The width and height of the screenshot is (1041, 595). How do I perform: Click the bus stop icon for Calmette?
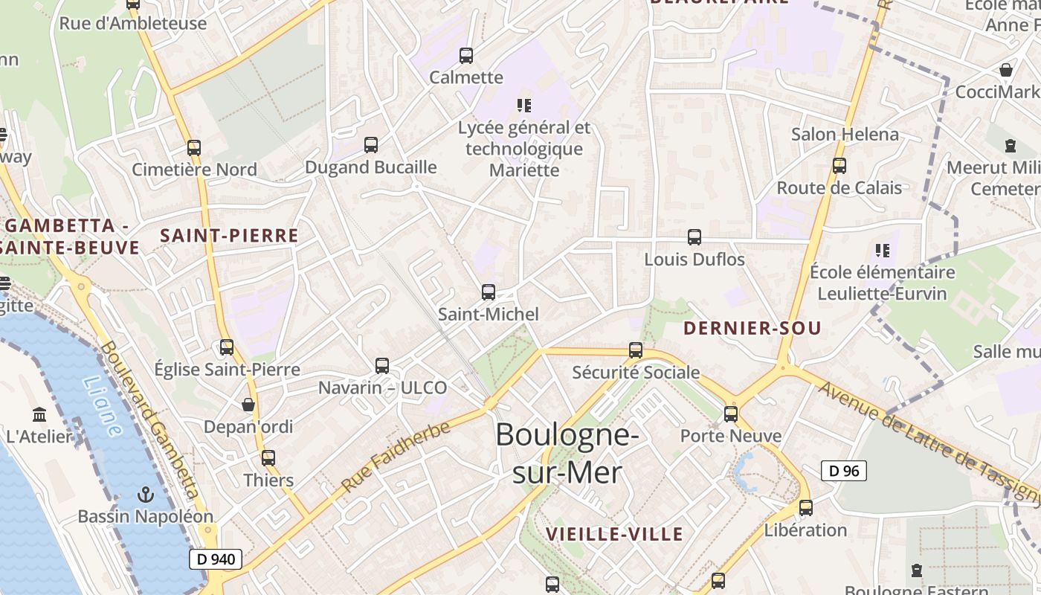tap(466, 55)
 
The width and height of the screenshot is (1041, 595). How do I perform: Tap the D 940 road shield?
tap(216, 559)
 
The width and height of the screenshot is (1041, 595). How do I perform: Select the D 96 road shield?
tap(844, 471)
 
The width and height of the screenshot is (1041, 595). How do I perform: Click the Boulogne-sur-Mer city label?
tap(567, 452)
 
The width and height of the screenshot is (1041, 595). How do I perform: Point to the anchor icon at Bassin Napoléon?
tap(146, 494)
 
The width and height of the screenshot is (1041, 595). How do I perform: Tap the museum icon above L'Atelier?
tap(40, 414)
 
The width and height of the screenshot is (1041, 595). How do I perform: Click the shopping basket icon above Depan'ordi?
tap(248, 405)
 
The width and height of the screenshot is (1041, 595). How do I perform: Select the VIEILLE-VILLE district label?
tap(614, 534)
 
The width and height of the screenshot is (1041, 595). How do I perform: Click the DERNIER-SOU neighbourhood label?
tap(752, 328)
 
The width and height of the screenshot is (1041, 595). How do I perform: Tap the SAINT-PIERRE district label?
tap(229, 236)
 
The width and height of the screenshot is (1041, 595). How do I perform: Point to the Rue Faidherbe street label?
tap(396, 456)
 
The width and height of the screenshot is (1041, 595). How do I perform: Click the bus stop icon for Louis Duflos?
tap(694, 237)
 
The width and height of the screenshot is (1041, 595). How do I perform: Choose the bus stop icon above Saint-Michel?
tap(489, 292)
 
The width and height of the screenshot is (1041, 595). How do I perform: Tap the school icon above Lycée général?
tap(524, 106)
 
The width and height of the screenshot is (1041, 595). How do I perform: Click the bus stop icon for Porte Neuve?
tap(731, 414)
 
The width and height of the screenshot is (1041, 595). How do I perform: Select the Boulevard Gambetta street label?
tap(150, 420)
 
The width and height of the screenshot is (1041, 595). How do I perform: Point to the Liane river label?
tap(102, 405)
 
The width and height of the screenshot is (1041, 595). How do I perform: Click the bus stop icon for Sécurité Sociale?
tap(636, 350)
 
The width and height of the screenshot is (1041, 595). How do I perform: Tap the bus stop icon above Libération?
tap(806, 508)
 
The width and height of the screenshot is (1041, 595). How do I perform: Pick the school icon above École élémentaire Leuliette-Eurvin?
tap(883, 250)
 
